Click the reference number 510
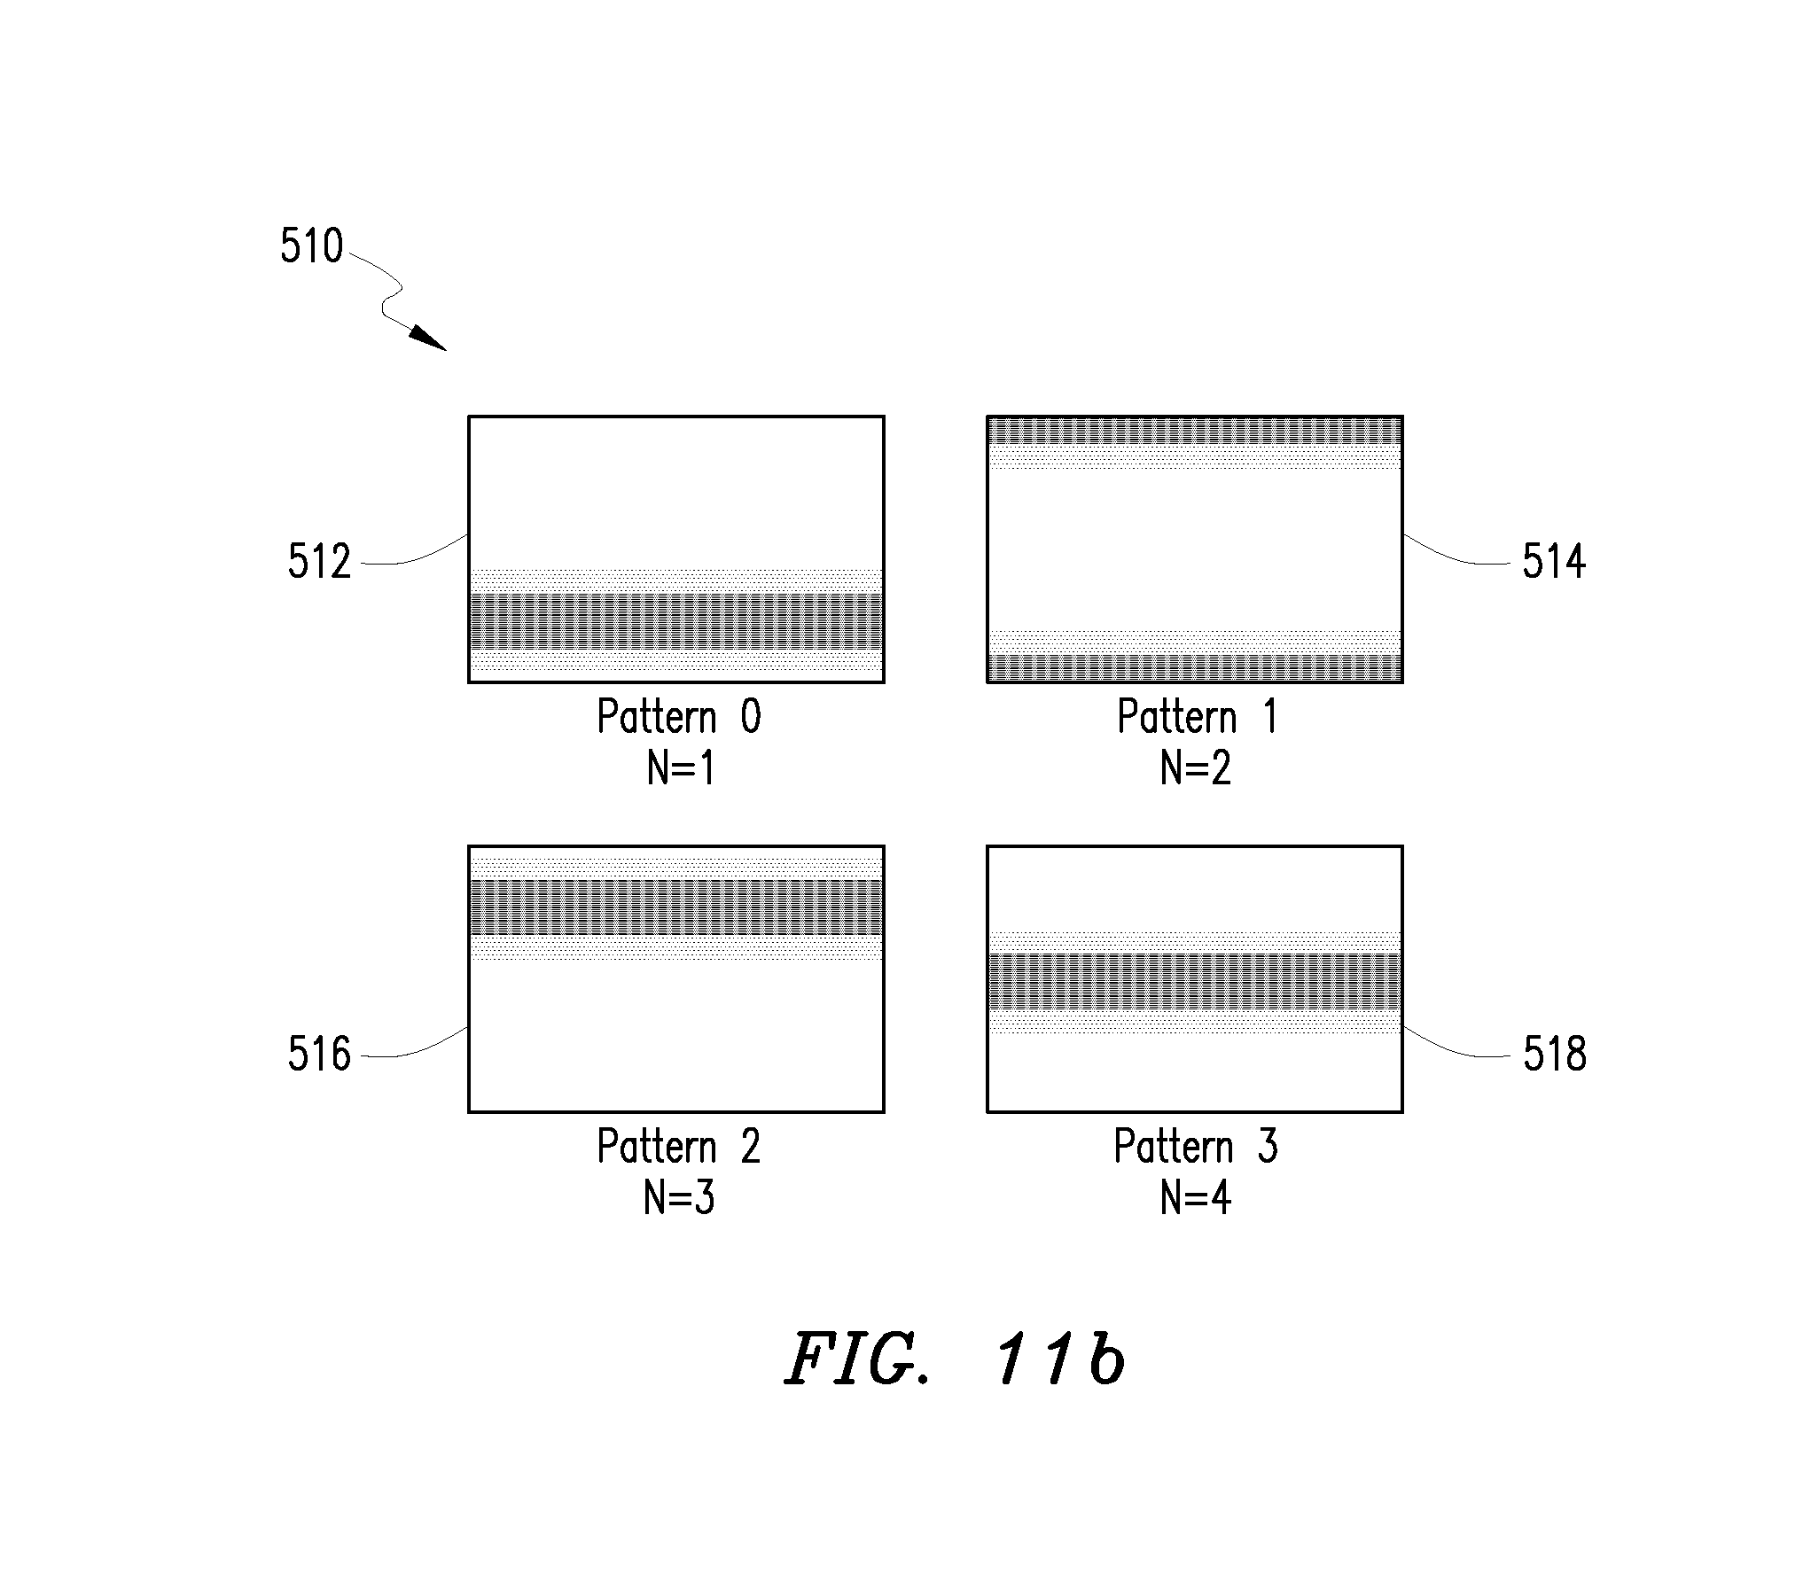click(311, 246)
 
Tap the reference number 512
click(319, 562)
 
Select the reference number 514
click(1554, 562)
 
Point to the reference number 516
click(319, 1055)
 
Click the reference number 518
click(1555, 1055)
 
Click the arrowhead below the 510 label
click(429, 339)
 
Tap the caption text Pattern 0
click(679, 716)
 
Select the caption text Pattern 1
click(1198, 716)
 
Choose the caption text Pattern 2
click(679, 1147)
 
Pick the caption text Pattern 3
click(1196, 1147)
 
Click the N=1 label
click(681, 768)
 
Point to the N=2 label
click(1196, 768)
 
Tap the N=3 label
click(679, 1198)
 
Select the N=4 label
click(1196, 1198)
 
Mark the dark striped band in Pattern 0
click(676, 621)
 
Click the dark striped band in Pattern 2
click(676, 907)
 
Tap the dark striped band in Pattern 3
click(1195, 982)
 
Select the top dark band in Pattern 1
click(1195, 431)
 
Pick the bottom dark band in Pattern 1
click(1195, 667)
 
